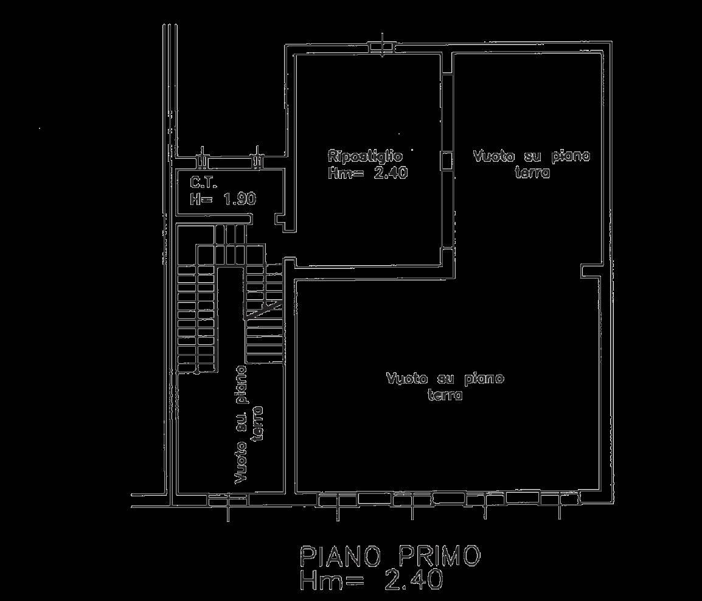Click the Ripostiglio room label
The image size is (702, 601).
(366, 156)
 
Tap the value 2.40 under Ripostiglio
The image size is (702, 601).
(391, 173)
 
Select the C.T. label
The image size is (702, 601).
(204, 182)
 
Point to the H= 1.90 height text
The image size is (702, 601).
(223, 198)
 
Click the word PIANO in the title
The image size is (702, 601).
(341, 556)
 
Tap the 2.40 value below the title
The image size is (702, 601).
(413, 580)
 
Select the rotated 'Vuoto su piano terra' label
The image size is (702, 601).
(249, 425)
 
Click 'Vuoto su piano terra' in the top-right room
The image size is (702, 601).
(532, 164)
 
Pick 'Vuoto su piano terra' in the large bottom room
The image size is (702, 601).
(445, 386)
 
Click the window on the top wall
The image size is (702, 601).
(382, 47)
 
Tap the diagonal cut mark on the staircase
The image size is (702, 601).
(264, 310)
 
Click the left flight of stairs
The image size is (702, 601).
(198, 318)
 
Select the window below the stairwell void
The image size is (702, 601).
(228, 500)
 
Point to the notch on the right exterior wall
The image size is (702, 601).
(590, 271)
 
